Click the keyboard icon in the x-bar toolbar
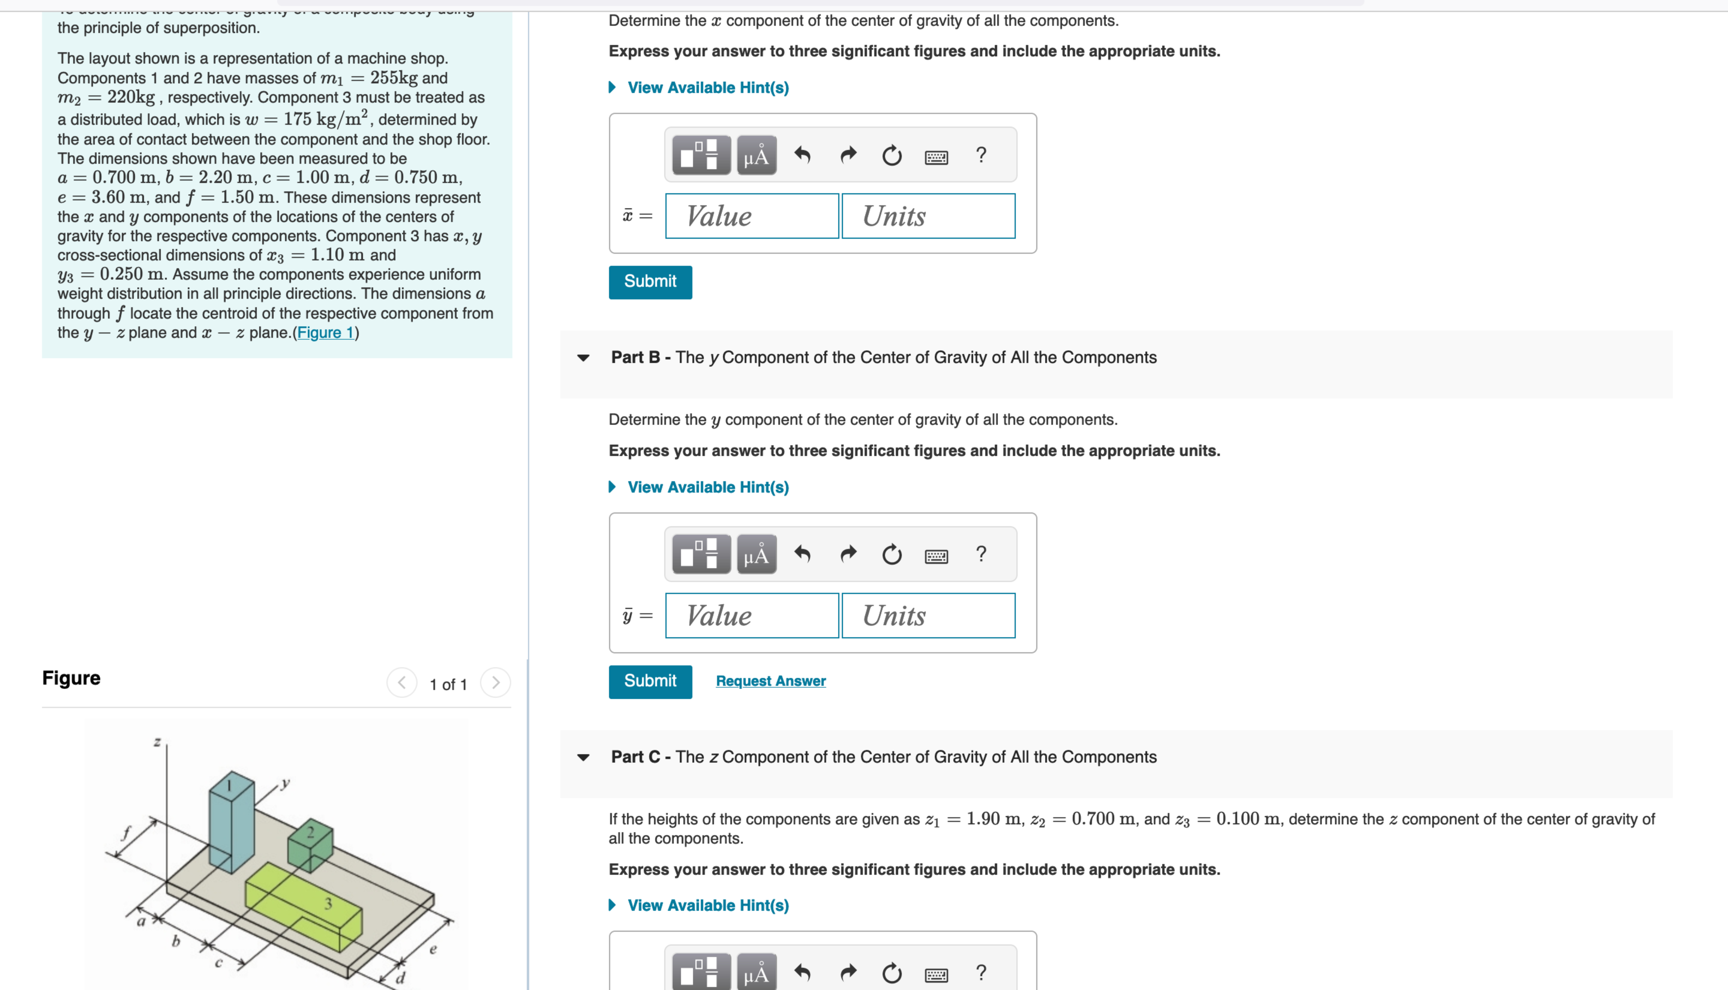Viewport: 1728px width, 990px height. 936,157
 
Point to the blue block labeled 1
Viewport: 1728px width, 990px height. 231,823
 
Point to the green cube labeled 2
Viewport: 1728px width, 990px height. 311,847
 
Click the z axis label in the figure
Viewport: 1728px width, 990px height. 157,742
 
